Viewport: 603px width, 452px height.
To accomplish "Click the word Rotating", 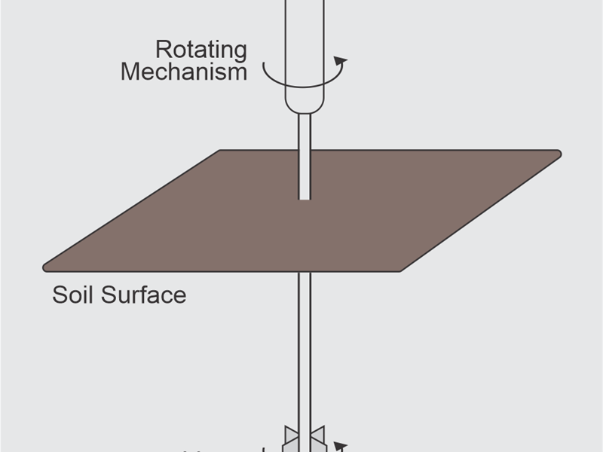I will point(200,50).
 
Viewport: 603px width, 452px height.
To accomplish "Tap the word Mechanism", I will point(183,72).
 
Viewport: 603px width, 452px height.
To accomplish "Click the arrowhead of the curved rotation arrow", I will point(341,61).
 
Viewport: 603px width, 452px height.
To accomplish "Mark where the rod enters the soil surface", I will point(305,197).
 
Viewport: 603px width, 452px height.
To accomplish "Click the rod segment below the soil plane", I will point(305,339).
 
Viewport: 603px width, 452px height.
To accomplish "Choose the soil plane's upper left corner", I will point(221,151).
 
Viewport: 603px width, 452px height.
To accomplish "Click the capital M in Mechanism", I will point(130,72).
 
